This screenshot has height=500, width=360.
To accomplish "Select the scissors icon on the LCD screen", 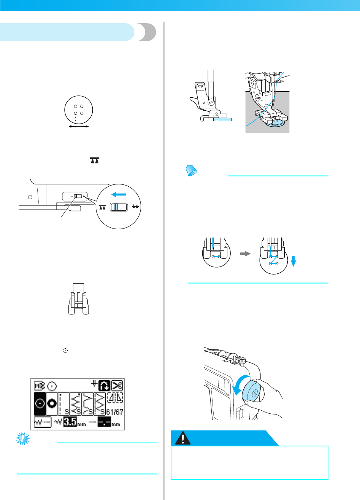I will (x=117, y=386).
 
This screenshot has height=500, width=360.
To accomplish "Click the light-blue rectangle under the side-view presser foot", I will (x=222, y=119).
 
